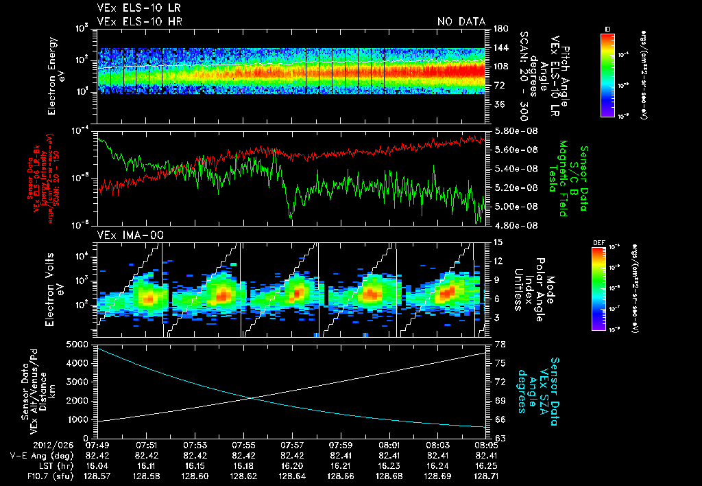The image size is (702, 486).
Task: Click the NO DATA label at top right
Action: click(x=461, y=21)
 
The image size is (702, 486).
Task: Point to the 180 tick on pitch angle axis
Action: click(x=498, y=29)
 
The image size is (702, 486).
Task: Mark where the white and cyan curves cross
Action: click(x=251, y=398)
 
